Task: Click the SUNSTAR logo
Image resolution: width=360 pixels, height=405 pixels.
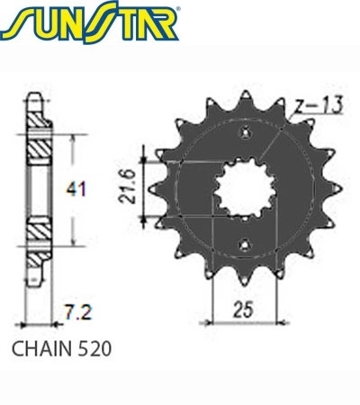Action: tap(89, 22)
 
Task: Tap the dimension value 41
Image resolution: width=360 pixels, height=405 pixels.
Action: tap(76, 189)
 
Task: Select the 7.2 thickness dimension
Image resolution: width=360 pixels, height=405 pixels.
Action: tap(78, 312)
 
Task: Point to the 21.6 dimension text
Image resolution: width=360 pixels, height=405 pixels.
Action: tap(127, 186)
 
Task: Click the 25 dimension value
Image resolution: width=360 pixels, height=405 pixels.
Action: tap(243, 309)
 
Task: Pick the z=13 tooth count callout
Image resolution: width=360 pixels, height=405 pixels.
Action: tap(318, 106)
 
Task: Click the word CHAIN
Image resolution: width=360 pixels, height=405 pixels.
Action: tap(41, 349)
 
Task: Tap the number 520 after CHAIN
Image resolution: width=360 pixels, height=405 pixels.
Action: tap(94, 349)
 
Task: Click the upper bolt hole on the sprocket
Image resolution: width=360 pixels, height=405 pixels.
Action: tap(245, 132)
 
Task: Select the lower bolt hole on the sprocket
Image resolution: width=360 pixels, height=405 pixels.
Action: tap(245, 245)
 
